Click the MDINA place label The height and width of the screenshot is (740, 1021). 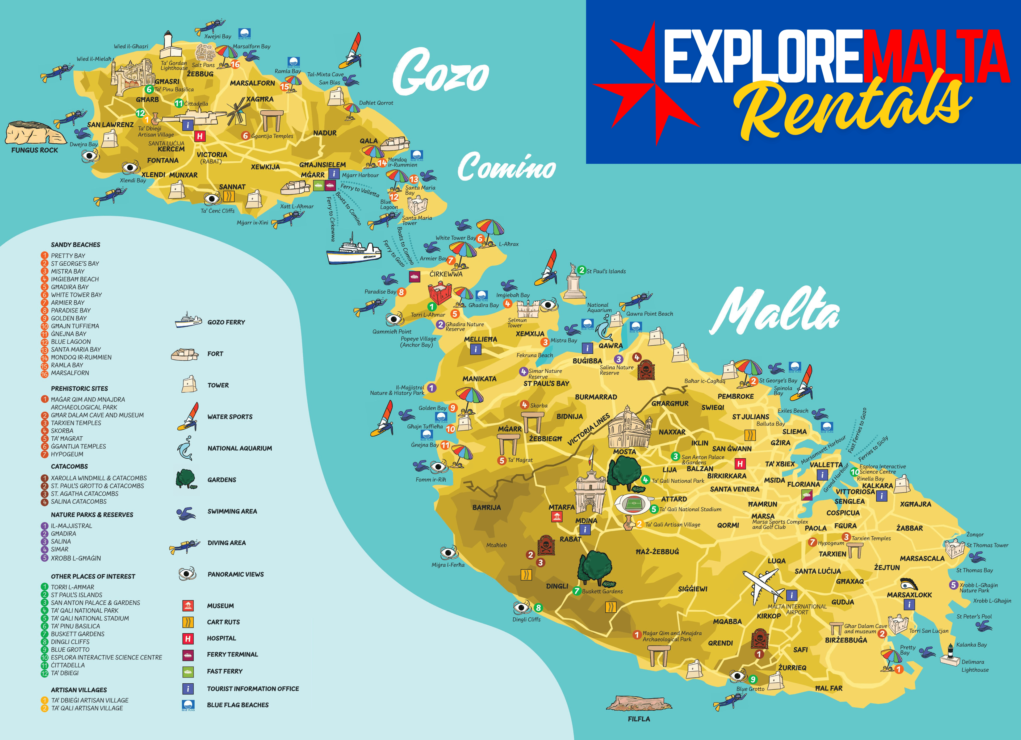click(x=586, y=520)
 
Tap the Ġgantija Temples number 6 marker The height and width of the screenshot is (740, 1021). click(x=245, y=136)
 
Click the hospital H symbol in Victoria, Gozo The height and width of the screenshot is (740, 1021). click(x=199, y=136)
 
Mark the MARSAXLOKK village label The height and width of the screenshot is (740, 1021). click(x=909, y=595)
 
